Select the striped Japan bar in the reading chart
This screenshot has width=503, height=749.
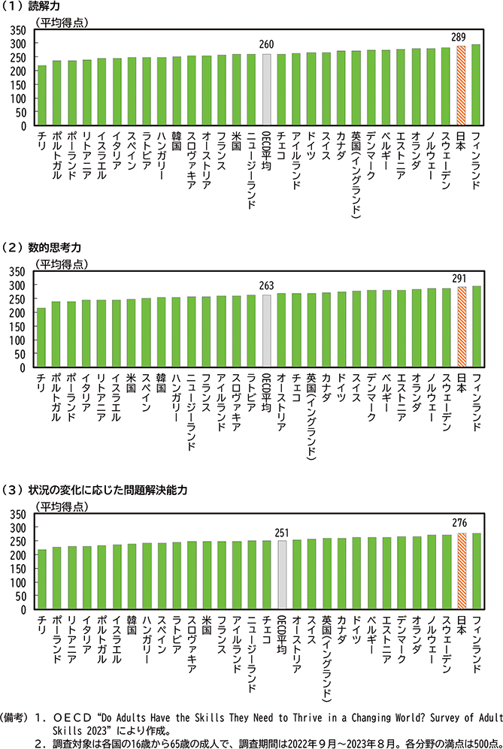(461, 86)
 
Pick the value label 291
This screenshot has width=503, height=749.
(460, 279)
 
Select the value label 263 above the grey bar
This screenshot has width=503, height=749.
(266, 286)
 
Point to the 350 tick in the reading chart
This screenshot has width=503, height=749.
(20, 30)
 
